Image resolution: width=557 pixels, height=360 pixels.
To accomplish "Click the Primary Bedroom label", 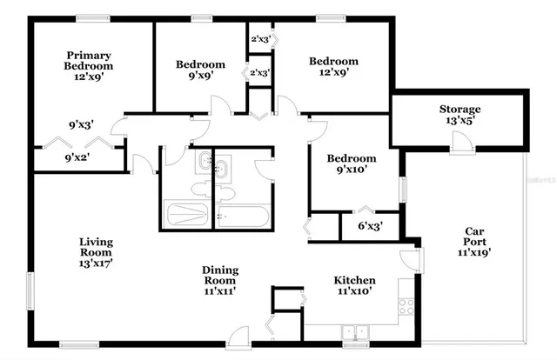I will click(x=90, y=60).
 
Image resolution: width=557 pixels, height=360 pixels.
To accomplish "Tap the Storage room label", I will click(x=460, y=109).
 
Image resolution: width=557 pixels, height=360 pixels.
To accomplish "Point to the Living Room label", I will click(x=97, y=247).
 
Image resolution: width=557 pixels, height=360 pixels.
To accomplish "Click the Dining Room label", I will click(x=220, y=276).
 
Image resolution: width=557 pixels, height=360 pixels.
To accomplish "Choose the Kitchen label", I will click(x=355, y=280).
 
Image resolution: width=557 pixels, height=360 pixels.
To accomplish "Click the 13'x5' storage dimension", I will click(x=460, y=122).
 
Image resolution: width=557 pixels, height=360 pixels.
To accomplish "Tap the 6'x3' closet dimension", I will click(x=371, y=226).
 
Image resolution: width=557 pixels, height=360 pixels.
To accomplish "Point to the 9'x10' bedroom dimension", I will click(x=352, y=170).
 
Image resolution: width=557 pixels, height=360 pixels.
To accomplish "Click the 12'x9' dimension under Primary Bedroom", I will click(x=90, y=77).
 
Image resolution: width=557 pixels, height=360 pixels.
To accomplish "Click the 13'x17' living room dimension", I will click(x=97, y=260).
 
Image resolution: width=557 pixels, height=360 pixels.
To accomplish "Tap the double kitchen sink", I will click(x=354, y=331).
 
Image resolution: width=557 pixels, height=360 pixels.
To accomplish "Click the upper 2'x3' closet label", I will click(x=260, y=39).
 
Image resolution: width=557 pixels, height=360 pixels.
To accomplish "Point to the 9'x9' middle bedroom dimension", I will click(x=200, y=76).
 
